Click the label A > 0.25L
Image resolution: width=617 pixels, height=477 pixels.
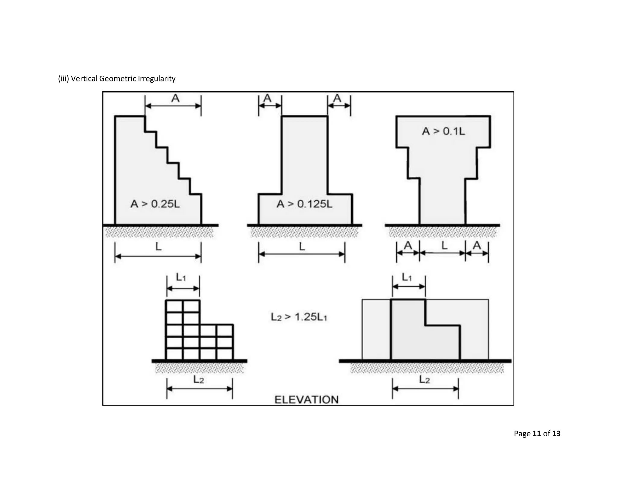[x=155, y=204]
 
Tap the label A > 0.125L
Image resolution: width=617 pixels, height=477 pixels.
[x=304, y=204]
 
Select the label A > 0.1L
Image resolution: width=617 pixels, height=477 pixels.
[x=443, y=131]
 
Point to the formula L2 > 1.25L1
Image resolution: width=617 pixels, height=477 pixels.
[x=299, y=317]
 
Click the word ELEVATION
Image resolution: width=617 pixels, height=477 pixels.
[x=306, y=400]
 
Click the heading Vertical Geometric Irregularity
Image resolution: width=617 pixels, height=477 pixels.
[x=123, y=79]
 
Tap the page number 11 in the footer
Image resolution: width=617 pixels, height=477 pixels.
[x=537, y=434]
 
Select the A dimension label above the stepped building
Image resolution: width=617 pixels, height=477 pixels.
[x=175, y=98]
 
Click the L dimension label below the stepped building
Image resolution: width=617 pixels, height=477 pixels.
[x=158, y=247]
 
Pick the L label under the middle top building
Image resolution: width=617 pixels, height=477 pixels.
[x=302, y=247]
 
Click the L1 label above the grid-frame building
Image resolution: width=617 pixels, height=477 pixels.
[x=181, y=277]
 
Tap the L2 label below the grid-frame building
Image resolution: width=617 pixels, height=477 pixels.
[x=199, y=380]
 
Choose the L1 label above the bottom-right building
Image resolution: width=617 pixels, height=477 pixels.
[x=407, y=277]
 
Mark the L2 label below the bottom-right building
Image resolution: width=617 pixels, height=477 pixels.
[x=424, y=380]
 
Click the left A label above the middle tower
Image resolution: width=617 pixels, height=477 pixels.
[x=268, y=98]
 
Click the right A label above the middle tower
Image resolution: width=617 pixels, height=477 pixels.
[x=337, y=98]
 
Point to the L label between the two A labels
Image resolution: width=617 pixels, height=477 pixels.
[x=444, y=246]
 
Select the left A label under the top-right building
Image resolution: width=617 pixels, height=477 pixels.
[x=408, y=245]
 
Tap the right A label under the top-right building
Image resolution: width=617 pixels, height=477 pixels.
[x=477, y=245]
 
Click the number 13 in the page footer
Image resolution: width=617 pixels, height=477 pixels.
[x=556, y=434]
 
